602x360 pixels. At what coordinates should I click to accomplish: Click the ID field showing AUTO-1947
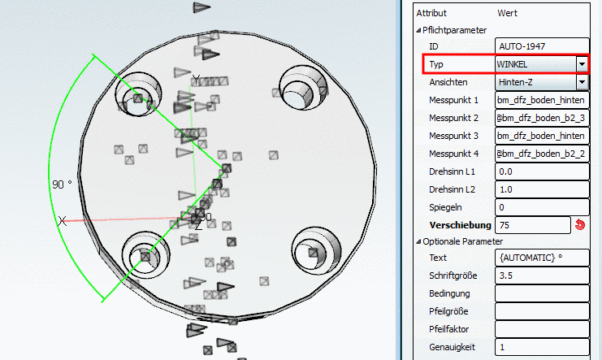pyautogui.click(x=542, y=46)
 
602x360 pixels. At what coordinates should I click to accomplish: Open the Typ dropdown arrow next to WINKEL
pyautogui.click(x=582, y=64)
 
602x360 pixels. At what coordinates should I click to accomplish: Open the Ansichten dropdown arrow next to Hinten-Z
pyautogui.click(x=582, y=82)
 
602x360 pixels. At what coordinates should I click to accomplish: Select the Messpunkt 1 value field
pyautogui.click(x=542, y=100)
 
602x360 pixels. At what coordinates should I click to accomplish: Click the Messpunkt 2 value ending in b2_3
pyautogui.click(x=542, y=118)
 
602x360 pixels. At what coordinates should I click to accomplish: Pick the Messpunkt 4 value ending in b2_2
pyautogui.click(x=542, y=154)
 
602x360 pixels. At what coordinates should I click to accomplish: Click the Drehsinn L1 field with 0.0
pyautogui.click(x=542, y=171)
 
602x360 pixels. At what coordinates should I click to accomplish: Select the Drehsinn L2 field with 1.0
pyautogui.click(x=542, y=189)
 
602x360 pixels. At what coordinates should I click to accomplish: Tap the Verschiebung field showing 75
pyautogui.click(x=533, y=225)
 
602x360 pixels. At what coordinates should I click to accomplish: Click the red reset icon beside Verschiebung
pyautogui.click(x=580, y=225)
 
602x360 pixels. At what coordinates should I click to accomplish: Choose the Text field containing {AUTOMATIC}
pyautogui.click(x=542, y=258)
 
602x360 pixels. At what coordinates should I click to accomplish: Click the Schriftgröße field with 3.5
pyautogui.click(x=542, y=275)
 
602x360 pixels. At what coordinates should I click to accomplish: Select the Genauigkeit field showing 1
pyautogui.click(x=542, y=347)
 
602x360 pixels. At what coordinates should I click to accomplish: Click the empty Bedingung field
pyautogui.click(x=542, y=293)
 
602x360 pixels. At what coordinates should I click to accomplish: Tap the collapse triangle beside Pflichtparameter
pyautogui.click(x=418, y=30)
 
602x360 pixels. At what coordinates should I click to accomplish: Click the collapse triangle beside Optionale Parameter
pyautogui.click(x=418, y=241)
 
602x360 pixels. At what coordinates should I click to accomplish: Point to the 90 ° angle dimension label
pyautogui.click(x=62, y=184)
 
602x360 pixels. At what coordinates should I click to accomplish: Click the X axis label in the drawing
pyautogui.click(x=63, y=221)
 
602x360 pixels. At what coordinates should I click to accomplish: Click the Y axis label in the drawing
pyautogui.click(x=196, y=80)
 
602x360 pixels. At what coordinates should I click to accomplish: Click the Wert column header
pyautogui.click(x=507, y=13)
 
